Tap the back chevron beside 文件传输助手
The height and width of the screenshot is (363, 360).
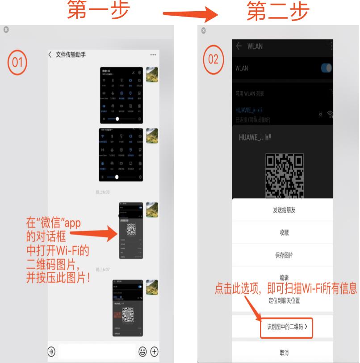click(x=50, y=55)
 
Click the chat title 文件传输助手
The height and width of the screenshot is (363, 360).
click(x=71, y=55)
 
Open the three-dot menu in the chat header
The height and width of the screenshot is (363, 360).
click(x=153, y=55)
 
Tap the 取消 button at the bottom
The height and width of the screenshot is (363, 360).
click(x=284, y=352)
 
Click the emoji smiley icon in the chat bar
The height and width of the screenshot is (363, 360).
click(x=142, y=351)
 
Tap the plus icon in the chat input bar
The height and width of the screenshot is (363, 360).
click(x=154, y=351)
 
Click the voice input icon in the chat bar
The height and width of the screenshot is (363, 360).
click(x=52, y=351)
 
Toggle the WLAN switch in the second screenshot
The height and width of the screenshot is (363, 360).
click(x=327, y=68)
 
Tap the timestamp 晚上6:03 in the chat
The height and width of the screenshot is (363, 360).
click(x=103, y=192)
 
